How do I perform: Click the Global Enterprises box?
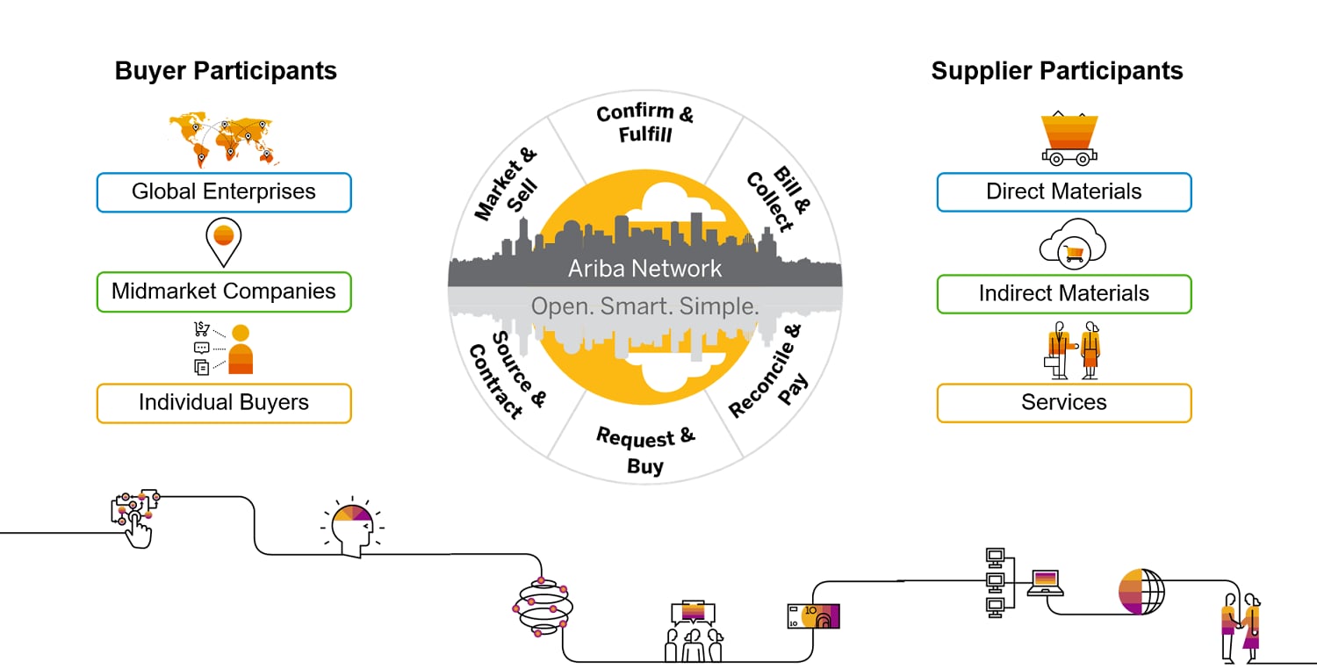pos(224,192)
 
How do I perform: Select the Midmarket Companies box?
pos(224,292)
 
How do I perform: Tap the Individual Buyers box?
pos(224,403)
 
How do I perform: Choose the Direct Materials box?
pos(1064,192)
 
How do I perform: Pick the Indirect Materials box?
pos(1064,293)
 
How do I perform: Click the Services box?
pos(1064,403)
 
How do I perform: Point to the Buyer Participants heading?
pos(226,71)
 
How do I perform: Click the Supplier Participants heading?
pos(1057,71)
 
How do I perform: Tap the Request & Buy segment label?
pos(645,450)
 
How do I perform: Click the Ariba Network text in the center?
pos(645,269)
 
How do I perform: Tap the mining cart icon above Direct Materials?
pos(1069,139)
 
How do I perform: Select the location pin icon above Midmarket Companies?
pos(223,241)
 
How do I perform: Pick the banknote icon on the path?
pos(813,616)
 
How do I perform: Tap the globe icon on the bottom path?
pos(1141,591)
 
